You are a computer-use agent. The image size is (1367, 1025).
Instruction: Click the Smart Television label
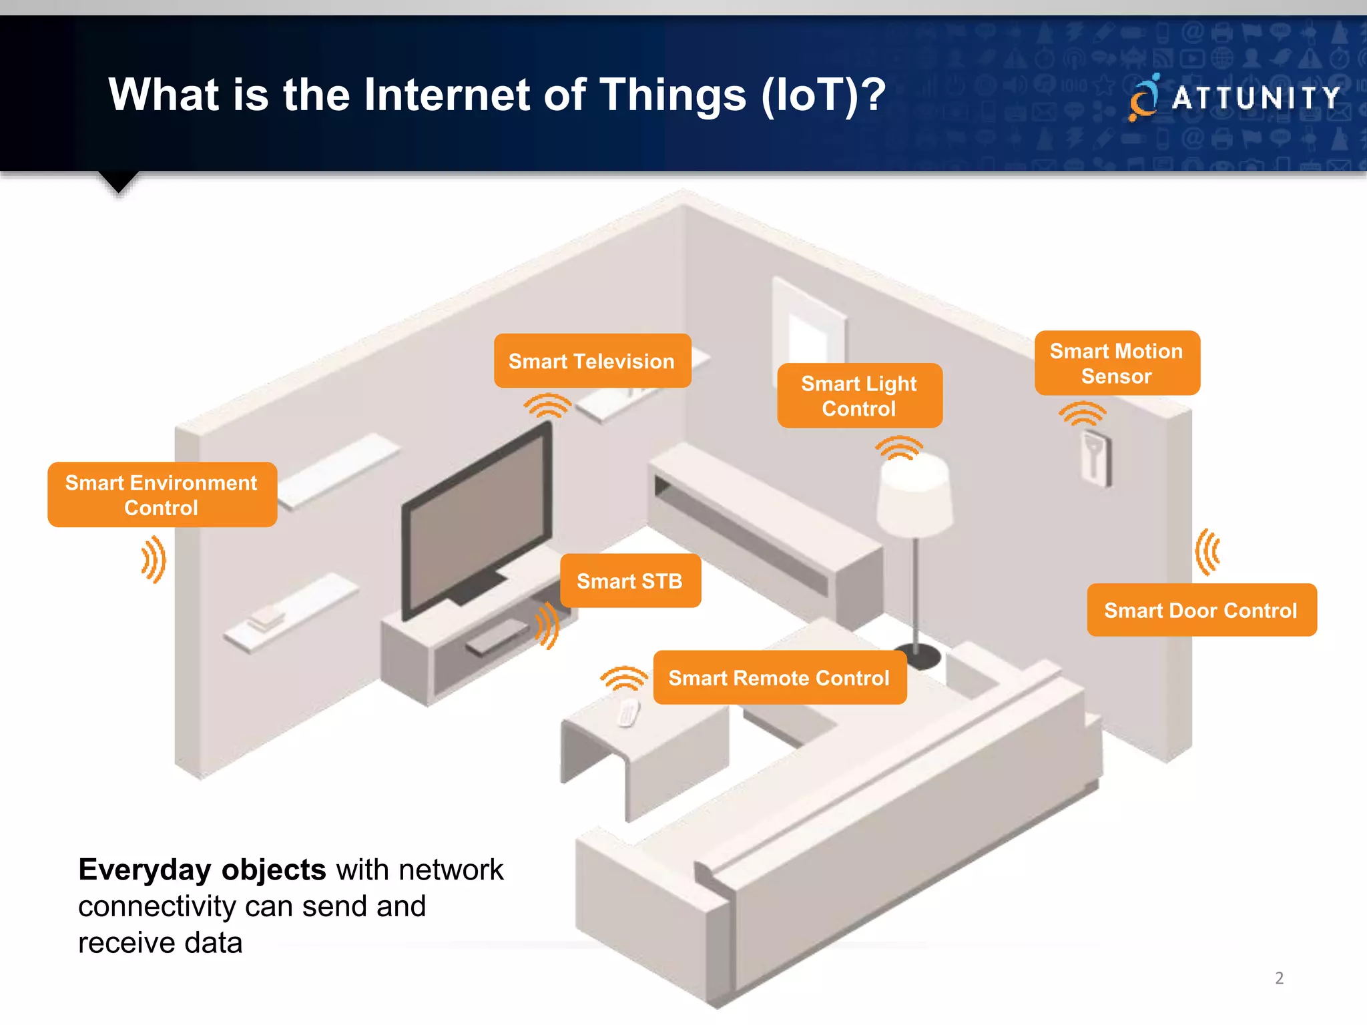[592, 361]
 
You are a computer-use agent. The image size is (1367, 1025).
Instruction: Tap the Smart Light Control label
[859, 396]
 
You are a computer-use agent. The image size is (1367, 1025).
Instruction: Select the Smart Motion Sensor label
[1117, 364]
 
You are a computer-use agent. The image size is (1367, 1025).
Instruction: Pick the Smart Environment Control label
[162, 495]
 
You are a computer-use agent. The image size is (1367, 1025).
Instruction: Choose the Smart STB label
[629, 581]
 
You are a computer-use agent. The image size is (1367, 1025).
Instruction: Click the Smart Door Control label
[1201, 611]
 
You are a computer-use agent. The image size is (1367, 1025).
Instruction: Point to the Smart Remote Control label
[779, 678]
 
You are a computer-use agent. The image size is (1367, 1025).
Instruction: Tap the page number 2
[1279, 978]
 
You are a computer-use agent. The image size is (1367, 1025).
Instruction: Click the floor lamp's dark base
[918, 655]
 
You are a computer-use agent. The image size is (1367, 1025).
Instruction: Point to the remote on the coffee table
[627, 713]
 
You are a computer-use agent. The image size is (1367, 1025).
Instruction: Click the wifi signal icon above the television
[547, 405]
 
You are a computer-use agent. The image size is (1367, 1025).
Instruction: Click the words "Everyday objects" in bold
[202, 870]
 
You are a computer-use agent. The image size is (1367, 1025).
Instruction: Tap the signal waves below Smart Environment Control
[154, 559]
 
